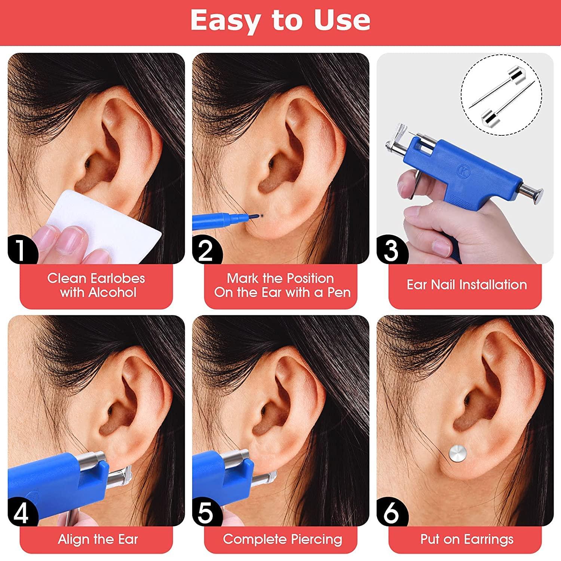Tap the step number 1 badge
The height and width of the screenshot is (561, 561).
tap(21, 250)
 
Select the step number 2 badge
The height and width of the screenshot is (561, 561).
tap(206, 250)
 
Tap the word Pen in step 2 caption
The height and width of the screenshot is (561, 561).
tap(339, 292)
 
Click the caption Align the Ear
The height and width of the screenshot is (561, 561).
tap(98, 539)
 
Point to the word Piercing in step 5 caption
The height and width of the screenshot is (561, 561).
tap(316, 539)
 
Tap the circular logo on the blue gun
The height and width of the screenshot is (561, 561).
tap(463, 171)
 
